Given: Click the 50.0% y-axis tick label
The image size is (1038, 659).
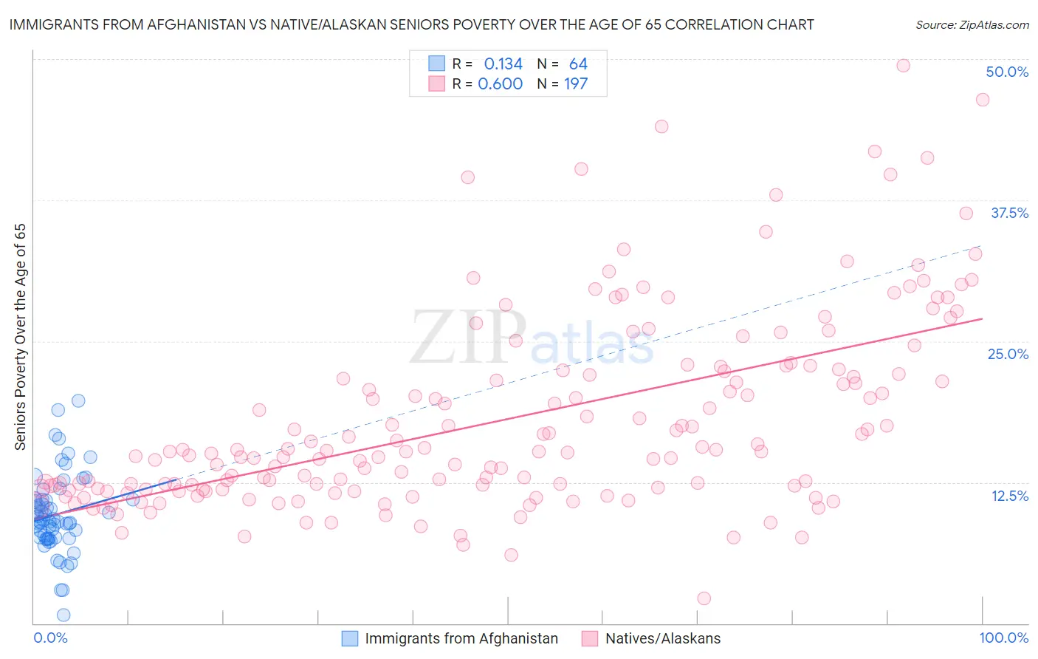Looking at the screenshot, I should point(1007,72).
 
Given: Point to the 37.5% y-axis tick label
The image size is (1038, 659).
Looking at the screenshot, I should point(1009,213).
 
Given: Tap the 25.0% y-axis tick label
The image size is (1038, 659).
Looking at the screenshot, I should point(1008,354).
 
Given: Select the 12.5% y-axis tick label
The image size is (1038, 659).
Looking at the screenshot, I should point(1009,496).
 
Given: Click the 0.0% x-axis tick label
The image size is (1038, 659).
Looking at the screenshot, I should point(50,638).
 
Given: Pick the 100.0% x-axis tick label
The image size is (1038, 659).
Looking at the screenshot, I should point(1003,638).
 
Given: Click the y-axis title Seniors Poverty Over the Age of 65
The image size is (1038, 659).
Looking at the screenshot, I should point(21,337).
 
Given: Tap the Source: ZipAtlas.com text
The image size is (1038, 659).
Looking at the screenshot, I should point(972,24).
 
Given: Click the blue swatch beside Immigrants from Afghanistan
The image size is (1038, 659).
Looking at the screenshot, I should point(350,638).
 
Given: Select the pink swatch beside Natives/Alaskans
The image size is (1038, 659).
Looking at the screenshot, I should point(589,638).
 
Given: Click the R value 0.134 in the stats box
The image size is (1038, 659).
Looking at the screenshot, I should point(503,64).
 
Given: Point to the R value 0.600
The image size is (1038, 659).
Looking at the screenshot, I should point(501,84).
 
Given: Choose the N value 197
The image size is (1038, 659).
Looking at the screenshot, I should point(576,84).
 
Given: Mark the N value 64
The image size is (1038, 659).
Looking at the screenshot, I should point(578,64).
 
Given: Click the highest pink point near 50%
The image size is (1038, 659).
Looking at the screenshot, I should point(903,65).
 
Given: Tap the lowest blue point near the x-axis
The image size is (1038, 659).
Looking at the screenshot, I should point(63,615).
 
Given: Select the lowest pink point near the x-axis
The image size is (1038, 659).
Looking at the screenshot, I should point(704,598).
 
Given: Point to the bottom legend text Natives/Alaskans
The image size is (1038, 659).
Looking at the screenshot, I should point(662,638).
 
